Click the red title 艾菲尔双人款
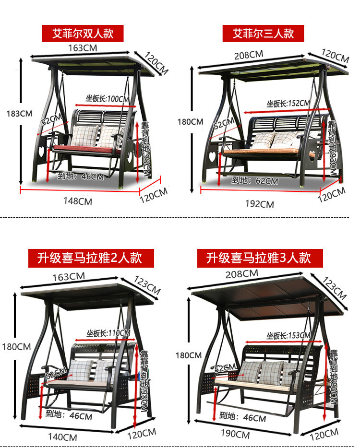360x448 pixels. (83, 34)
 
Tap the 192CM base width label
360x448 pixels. (260, 204)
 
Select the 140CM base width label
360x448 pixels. (63, 437)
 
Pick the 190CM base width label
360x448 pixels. (236, 435)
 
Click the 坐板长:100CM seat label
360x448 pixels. (108, 99)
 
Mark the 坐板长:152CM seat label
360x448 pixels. (288, 103)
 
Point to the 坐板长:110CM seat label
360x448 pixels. (108, 333)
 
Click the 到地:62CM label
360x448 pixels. (255, 181)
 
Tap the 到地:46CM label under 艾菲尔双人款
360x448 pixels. (81, 176)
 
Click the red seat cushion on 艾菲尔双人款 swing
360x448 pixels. (86, 149)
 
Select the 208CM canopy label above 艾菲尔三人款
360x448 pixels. (249, 55)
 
